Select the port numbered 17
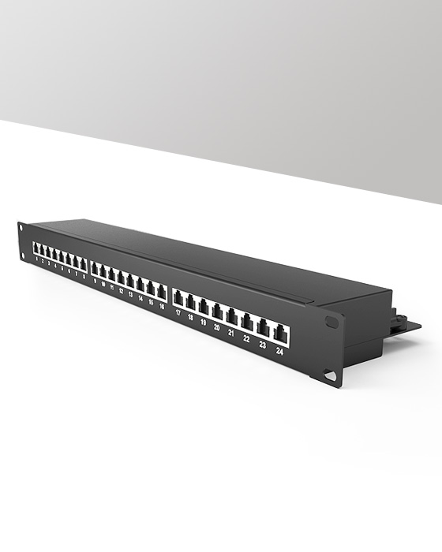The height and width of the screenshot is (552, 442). [179, 300]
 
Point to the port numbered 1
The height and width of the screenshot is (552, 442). [36, 249]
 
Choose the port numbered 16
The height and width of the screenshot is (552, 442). [162, 292]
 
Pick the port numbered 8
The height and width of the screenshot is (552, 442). [82, 264]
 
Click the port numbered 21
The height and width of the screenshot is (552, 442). [232, 317]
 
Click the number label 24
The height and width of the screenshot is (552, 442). [279, 352]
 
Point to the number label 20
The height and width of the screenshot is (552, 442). [216, 327]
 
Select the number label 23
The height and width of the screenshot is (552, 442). [262, 345]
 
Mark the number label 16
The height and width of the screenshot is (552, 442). [161, 306]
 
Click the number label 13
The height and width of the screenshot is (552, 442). [130, 295]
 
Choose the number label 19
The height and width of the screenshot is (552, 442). [203, 323]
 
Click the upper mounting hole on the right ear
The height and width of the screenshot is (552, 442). [331, 323]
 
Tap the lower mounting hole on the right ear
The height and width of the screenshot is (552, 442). [330, 375]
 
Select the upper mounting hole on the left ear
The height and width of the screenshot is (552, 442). [21, 229]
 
